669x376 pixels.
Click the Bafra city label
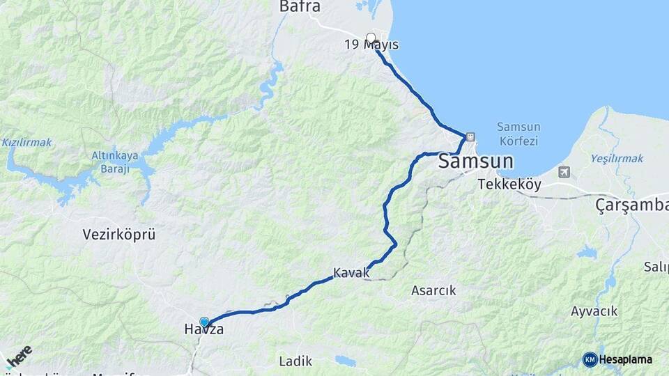click(300, 7)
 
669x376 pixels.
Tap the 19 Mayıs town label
click(371, 45)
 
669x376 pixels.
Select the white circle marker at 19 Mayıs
click(371, 38)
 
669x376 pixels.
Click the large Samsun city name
click(476, 162)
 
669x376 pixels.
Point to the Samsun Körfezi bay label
click(518, 134)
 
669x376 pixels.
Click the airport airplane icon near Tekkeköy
click(563, 172)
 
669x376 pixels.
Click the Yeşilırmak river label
click(617, 159)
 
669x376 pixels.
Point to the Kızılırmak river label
click(26, 142)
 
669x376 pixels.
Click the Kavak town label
click(351, 273)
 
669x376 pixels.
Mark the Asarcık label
click(433, 290)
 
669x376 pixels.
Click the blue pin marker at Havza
click(204, 322)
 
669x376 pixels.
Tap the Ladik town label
click(295, 361)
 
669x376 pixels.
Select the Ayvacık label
click(594, 311)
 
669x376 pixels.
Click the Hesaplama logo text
click(625, 359)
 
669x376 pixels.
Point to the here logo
click(19, 355)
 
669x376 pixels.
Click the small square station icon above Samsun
click(470, 136)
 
